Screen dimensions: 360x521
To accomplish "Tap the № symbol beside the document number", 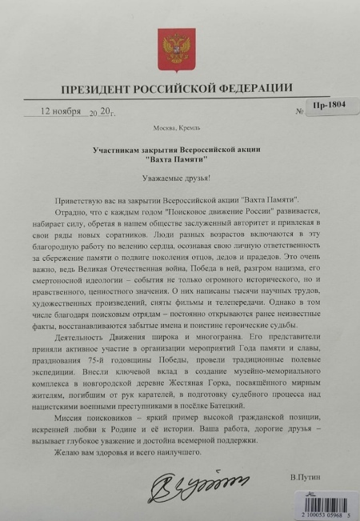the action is [x=298, y=112].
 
